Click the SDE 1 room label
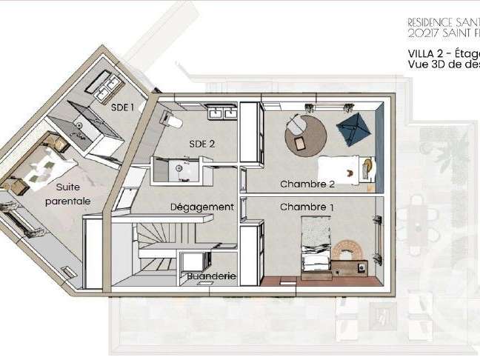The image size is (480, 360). point(122,107)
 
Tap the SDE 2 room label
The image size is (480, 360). point(202,144)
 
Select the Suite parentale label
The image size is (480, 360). point(67,195)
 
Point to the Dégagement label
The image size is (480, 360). point(201,207)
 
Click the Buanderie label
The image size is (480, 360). point(211,276)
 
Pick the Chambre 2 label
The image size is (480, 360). point(307,184)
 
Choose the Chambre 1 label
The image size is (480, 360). point(307,207)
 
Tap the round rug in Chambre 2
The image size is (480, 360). point(306,133)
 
